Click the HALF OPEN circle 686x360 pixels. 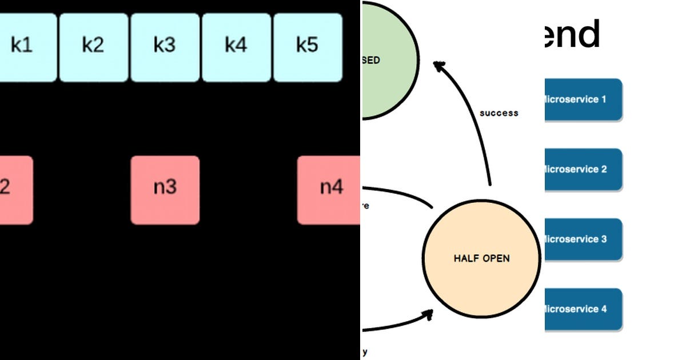(481, 258)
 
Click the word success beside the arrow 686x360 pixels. (498, 113)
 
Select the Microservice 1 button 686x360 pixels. (582, 100)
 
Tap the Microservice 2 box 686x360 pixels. (582, 170)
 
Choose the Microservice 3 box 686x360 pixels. (582, 239)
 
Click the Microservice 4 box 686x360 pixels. (582, 310)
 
